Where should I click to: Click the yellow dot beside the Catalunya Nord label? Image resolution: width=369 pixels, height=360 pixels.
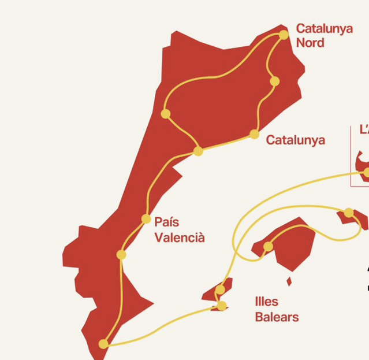coord(284,35)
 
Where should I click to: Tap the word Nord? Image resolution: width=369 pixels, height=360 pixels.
coord(310,43)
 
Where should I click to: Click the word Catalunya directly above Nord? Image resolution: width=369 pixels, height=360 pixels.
coord(324,28)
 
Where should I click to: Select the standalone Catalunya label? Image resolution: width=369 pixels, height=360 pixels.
coord(295,140)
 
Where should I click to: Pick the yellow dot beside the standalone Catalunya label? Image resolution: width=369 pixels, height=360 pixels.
coord(254,135)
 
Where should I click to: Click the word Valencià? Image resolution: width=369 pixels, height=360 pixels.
coord(180,237)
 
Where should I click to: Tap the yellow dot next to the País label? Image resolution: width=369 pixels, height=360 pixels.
coord(146,219)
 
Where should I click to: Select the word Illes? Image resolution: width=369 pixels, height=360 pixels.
coord(266,302)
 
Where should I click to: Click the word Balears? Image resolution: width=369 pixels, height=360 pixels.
coord(277,317)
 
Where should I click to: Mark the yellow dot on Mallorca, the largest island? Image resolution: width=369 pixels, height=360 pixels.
coord(268,247)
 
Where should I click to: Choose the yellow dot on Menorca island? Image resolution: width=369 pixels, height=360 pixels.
coord(349,213)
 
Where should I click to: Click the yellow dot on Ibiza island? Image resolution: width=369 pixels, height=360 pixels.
coord(220,290)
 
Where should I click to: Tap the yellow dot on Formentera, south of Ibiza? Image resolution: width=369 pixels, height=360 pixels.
coord(221,306)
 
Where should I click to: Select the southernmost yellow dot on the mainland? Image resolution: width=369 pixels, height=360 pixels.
coord(103,344)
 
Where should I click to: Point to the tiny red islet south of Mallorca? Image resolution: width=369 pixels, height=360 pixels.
coord(289,281)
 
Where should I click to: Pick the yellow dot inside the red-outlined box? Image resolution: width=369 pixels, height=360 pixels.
coord(366,172)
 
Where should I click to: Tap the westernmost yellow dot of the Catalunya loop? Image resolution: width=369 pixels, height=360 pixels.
coord(166,114)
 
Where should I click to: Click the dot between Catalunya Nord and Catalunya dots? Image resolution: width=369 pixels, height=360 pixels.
coord(274,81)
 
